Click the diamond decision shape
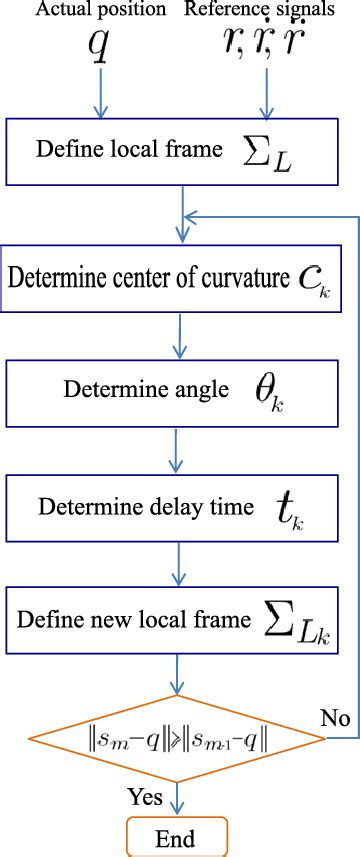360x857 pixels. tap(180, 738)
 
